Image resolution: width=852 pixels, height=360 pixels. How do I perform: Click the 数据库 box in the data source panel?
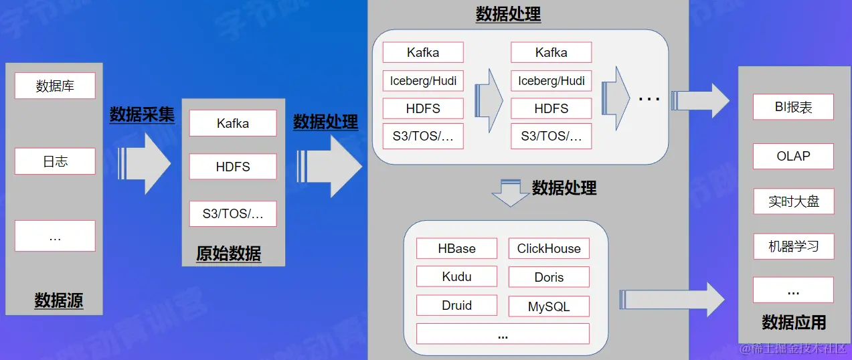pos(55,86)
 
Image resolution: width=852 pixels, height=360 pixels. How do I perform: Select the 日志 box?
pos(55,161)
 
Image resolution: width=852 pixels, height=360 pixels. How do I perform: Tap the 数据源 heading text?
pos(59,300)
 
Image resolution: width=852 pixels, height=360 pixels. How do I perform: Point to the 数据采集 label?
pos(142,114)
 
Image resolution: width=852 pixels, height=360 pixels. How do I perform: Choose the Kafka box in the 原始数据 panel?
pos(232,123)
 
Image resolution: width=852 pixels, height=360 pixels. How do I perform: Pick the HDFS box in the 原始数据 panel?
pos(232,167)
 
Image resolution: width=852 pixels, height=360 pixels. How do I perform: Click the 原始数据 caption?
pos(228,254)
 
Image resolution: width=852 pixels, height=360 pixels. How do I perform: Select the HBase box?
pos(456,248)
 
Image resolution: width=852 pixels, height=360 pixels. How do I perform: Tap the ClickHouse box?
pos(549,248)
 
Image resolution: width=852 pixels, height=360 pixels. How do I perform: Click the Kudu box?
pos(456,276)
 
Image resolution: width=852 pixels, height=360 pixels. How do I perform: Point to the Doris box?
pos(549,277)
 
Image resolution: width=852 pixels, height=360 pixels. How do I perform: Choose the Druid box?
pos(456,305)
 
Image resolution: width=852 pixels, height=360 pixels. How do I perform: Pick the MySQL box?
pos(549,306)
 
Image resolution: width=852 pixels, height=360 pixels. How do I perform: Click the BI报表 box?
pos(793,107)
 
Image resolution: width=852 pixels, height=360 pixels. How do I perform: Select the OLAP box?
pos(793,156)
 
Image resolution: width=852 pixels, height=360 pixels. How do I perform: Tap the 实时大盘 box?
pos(793,201)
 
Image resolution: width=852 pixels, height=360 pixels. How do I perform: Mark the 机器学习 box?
pos(793,246)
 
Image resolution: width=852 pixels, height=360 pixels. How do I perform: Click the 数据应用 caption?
pos(794,323)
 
